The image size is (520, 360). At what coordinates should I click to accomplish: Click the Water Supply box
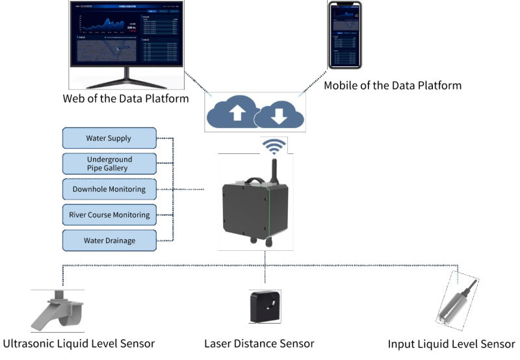click(x=109, y=138)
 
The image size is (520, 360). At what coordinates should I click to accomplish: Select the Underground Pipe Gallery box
click(x=109, y=164)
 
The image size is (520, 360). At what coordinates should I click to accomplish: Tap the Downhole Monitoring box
click(x=109, y=190)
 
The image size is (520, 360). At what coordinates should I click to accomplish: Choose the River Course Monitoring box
click(x=109, y=215)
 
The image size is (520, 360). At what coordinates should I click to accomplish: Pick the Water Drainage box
click(x=109, y=240)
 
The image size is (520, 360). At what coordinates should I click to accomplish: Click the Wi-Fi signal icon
click(x=274, y=146)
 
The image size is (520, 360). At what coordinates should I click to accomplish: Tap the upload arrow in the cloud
click(x=237, y=113)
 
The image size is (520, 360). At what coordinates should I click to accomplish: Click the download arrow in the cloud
click(x=278, y=116)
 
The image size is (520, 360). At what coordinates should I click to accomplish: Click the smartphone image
click(x=344, y=36)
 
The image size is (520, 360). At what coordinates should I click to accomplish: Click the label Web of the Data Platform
click(x=125, y=99)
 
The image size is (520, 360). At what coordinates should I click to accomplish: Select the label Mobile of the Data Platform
click(x=393, y=85)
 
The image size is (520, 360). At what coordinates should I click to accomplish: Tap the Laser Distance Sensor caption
click(x=259, y=343)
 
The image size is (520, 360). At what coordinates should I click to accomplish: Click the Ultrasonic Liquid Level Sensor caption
click(x=79, y=343)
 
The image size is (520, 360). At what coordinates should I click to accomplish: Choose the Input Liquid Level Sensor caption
click(x=451, y=343)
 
